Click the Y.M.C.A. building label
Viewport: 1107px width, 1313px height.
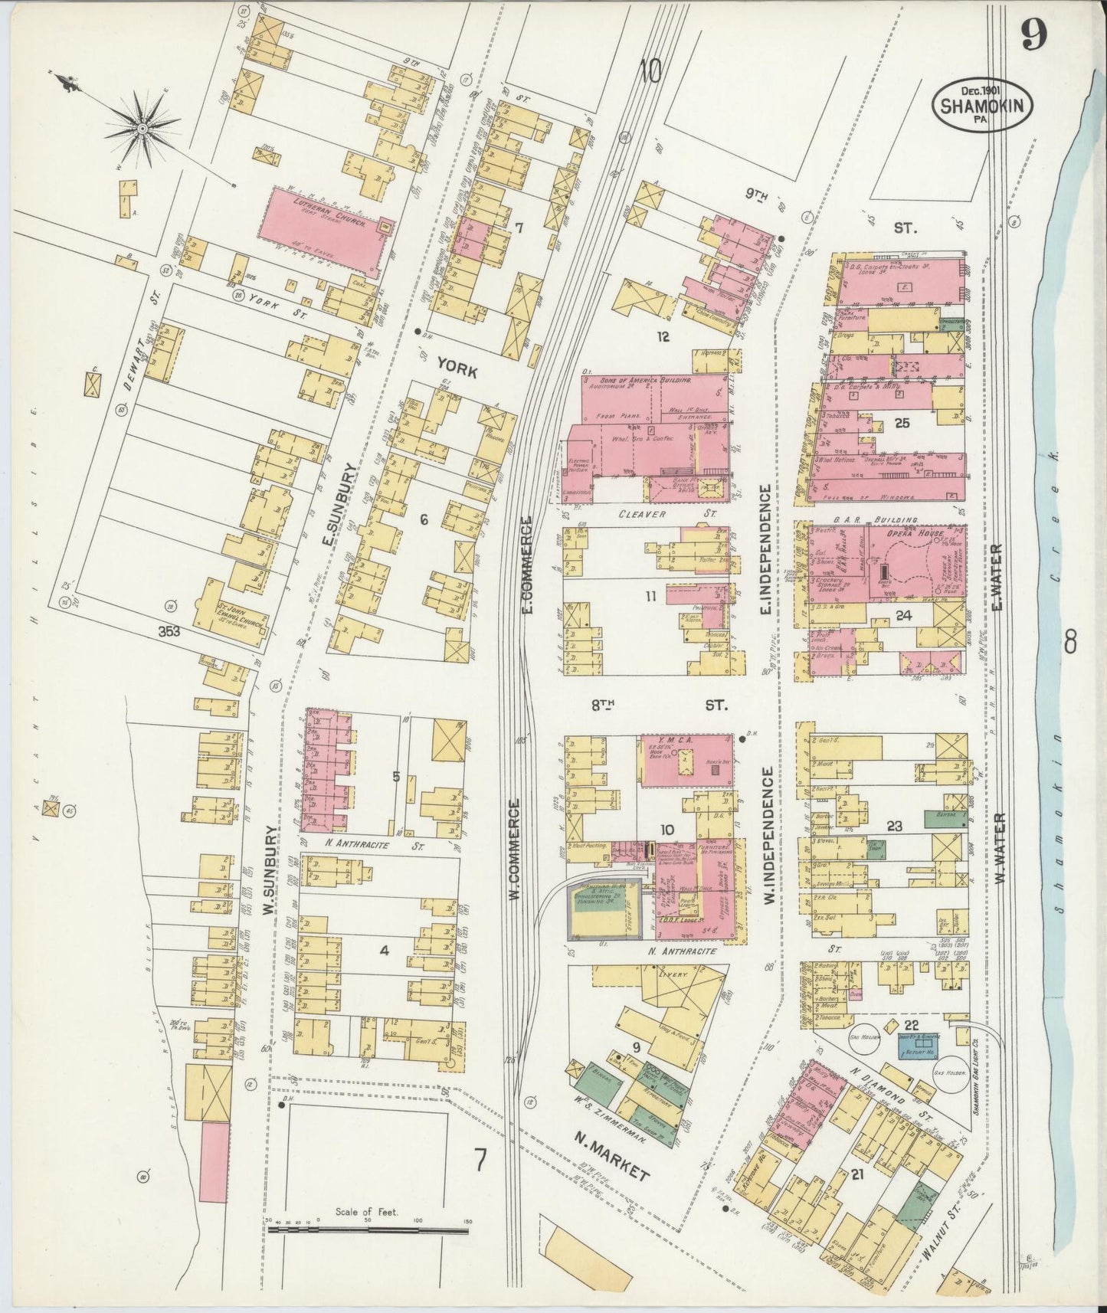tap(679, 741)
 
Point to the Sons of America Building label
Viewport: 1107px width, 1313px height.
tap(648, 380)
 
